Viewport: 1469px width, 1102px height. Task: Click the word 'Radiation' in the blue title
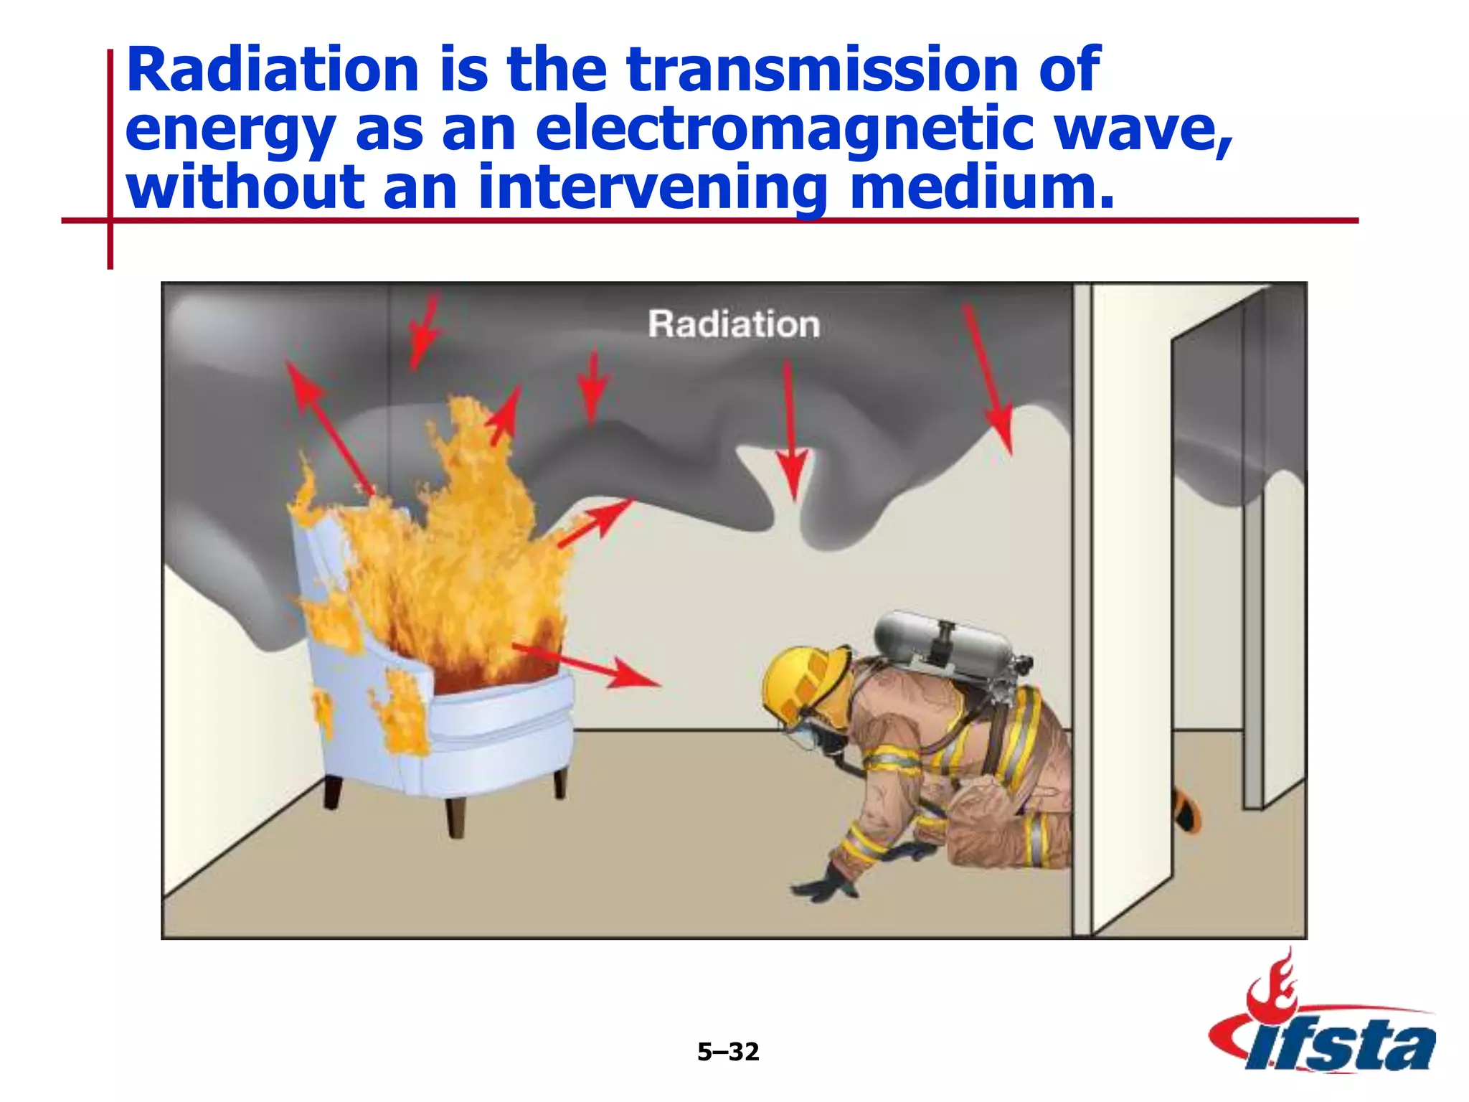[273, 70]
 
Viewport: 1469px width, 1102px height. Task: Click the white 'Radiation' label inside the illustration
[734, 324]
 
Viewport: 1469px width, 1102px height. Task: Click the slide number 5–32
[727, 1052]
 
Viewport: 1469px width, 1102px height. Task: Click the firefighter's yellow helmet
[804, 682]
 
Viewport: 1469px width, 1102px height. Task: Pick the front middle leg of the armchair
[455, 817]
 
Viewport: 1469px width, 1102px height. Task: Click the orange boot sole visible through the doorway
[1187, 811]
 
